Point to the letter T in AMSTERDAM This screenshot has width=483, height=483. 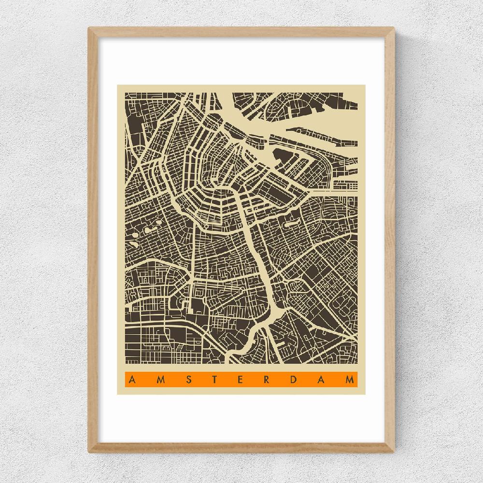(215, 379)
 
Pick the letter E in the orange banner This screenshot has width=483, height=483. (242, 379)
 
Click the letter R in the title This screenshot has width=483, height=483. (269, 379)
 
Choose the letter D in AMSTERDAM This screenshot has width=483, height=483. (297, 379)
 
